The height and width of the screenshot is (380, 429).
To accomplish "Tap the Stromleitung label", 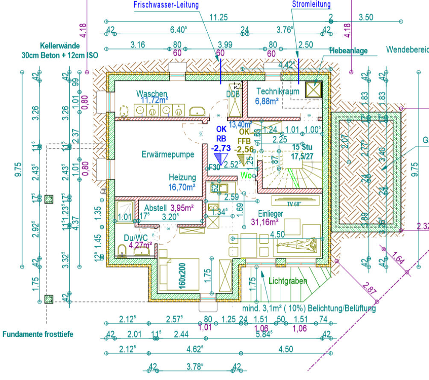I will (x=311, y=5).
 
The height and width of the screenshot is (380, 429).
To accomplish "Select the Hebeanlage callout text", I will (x=349, y=51).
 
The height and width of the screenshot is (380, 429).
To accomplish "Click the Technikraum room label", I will (x=278, y=91).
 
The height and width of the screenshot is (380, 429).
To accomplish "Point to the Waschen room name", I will (x=152, y=94).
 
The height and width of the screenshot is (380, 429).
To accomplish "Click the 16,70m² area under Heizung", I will (x=182, y=187).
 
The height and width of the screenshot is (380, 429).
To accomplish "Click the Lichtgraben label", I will (x=288, y=281).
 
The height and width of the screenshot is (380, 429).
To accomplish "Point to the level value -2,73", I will (x=220, y=148).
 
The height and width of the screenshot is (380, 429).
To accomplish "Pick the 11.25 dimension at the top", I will (x=218, y=18).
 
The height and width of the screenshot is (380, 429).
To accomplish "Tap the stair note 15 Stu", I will (x=301, y=147).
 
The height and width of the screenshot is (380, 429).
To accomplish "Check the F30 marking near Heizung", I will (x=214, y=168).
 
